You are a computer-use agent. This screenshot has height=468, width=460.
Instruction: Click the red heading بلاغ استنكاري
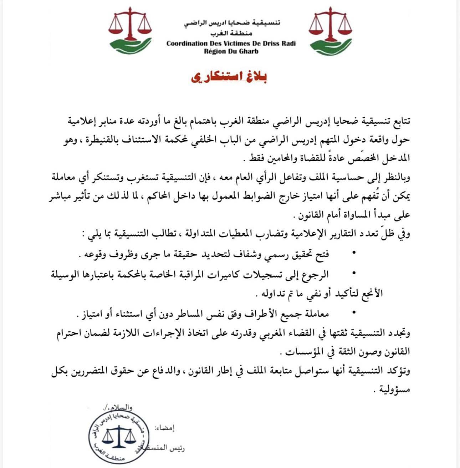tap(229, 77)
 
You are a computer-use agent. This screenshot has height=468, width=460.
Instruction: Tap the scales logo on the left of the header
tap(130, 30)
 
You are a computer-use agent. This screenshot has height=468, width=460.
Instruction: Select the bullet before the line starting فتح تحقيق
tap(354, 253)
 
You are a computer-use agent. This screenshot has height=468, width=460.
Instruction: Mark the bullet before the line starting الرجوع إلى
tap(354, 273)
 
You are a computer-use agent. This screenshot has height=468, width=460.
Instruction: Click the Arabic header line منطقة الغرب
tap(231, 34)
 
